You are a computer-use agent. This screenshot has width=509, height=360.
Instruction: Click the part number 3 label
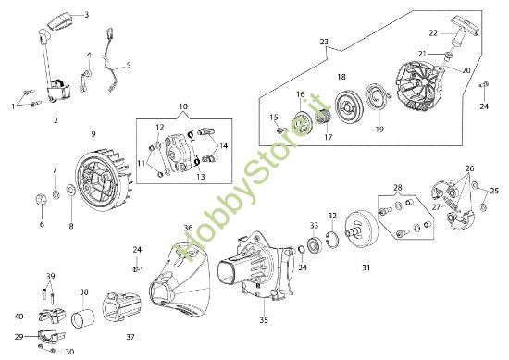86,16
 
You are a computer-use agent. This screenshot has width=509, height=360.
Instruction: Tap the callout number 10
182,107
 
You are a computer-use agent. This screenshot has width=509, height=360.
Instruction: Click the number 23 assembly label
324,42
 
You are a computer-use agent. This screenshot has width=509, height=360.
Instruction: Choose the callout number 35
263,321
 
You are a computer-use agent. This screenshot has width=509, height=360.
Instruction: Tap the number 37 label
130,336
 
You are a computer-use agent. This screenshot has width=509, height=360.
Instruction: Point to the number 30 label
70,351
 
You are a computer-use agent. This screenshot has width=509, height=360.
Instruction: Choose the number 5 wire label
128,65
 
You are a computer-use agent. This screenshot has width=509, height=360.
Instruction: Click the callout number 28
398,188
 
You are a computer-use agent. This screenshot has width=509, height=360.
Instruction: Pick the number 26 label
469,168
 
